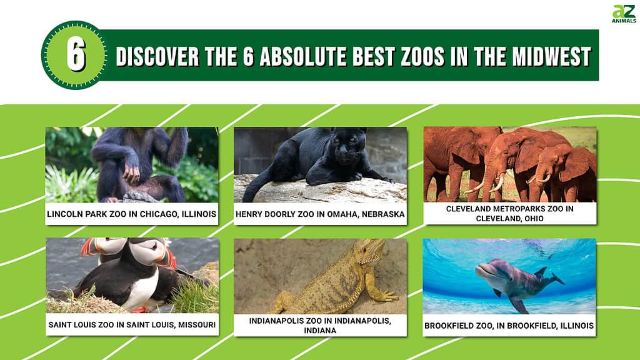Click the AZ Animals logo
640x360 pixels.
(624, 14)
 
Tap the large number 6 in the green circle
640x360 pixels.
(76, 55)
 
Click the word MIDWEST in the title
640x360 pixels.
(551, 56)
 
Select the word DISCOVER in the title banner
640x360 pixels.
(157, 56)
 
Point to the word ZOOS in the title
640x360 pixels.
(422, 56)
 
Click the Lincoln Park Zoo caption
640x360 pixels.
(131, 214)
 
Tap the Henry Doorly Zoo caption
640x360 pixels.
(320, 214)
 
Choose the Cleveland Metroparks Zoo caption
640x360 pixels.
(510, 214)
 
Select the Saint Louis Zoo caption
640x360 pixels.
(132, 325)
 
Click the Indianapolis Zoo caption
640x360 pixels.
(320, 325)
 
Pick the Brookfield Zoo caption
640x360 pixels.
(509, 326)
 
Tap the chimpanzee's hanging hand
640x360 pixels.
(131, 174)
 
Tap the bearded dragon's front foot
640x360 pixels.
(386, 296)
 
